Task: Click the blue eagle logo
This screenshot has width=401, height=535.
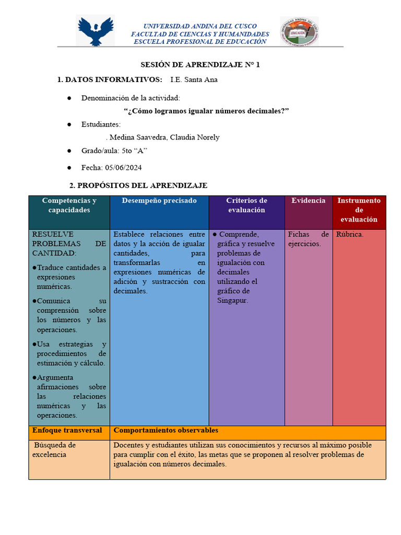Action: tap(95, 31)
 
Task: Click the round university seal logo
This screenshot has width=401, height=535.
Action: tap(299, 31)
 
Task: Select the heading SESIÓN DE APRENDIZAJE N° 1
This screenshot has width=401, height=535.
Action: tap(200, 65)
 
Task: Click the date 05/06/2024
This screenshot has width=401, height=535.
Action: tap(123, 168)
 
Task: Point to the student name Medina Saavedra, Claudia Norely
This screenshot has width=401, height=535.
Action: tap(162, 137)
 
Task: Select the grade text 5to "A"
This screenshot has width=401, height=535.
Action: tap(134, 151)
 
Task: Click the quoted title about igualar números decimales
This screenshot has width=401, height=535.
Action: tap(206, 111)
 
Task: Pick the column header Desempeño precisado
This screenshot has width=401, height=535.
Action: tap(159, 201)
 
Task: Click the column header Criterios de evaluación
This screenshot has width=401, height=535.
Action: tap(246, 205)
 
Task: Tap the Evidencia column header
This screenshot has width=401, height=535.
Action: tap(308, 201)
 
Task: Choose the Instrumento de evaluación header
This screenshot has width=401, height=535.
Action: tap(359, 210)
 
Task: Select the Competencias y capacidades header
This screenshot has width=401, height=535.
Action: tap(69, 205)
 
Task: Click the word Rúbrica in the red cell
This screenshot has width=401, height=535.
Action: tap(350, 234)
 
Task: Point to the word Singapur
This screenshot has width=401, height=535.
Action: tap(232, 300)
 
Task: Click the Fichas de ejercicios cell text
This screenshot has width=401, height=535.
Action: tap(308, 239)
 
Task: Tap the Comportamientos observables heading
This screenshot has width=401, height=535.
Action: tap(166, 431)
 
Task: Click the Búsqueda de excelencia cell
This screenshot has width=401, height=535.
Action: tap(54, 450)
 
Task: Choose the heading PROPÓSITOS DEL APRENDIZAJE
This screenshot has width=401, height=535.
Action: tap(138, 185)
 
